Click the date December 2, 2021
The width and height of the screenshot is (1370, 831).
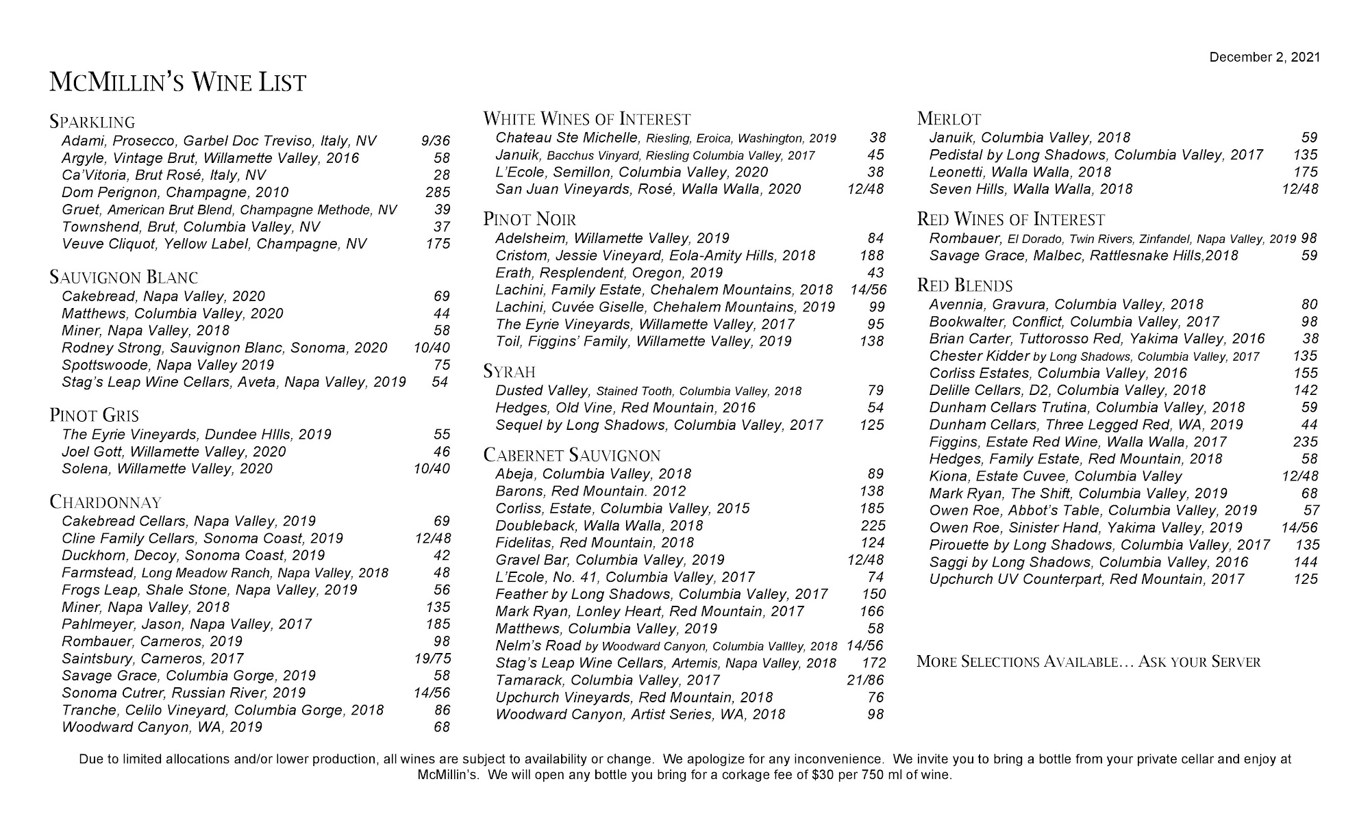pyautogui.click(x=1265, y=57)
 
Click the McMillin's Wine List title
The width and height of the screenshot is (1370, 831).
pyautogui.click(x=177, y=83)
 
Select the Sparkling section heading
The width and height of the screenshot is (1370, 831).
pyautogui.click(x=92, y=123)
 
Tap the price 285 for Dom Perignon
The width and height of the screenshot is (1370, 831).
pyautogui.click(x=438, y=192)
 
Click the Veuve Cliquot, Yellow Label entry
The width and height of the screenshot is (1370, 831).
pyautogui.click(x=214, y=244)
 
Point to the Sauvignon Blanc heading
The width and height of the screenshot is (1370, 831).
pyautogui.click(x=124, y=277)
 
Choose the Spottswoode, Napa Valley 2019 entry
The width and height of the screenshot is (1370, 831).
pyautogui.click(x=168, y=365)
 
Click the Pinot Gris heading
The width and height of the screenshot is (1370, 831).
pyautogui.click(x=95, y=415)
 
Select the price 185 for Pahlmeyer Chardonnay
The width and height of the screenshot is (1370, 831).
pyautogui.click(x=438, y=624)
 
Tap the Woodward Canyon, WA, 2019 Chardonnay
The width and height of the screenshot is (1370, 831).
pyautogui.click(x=162, y=727)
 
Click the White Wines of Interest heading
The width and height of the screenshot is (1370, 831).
pyautogui.click(x=587, y=119)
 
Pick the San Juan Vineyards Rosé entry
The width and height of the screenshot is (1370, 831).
pyautogui.click(x=648, y=189)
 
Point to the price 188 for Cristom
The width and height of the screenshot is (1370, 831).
pyautogui.click(x=872, y=256)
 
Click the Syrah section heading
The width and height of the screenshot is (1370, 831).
pyautogui.click(x=509, y=372)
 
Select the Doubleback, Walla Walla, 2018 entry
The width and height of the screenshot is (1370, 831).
pyautogui.click(x=599, y=526)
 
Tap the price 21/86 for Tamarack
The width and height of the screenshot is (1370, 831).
pyautogui.click(x=865, y=680)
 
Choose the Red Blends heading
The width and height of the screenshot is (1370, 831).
pyautogui.click(x=964, y=285)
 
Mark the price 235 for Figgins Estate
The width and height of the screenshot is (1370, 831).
pyautogui.click(x=1305, y=442)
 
